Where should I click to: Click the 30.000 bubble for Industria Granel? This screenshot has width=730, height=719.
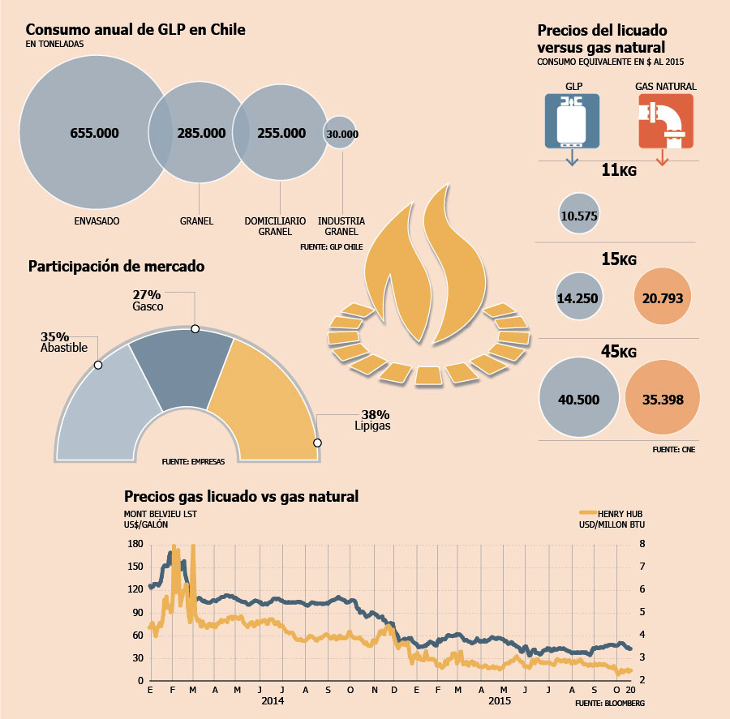341,133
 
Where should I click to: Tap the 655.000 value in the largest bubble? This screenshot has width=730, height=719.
95,133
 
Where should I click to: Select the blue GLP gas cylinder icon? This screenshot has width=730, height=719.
572,121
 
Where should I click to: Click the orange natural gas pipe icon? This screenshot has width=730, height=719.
666,121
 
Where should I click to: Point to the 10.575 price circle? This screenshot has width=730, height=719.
578,214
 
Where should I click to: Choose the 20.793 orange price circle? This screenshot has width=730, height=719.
663,296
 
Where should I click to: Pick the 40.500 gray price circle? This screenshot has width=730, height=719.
579,397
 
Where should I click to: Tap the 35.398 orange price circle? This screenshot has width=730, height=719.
663,397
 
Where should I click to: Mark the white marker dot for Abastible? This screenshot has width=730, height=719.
98,365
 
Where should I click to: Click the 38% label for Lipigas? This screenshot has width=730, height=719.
376,414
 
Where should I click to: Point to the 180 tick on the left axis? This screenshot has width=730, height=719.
135,544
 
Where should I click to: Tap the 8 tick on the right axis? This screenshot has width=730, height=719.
642,544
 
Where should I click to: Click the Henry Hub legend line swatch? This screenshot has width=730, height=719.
588,512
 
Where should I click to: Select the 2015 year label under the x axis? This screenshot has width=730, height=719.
500,701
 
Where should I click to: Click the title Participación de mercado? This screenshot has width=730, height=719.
116,266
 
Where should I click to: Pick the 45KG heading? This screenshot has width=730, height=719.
619,351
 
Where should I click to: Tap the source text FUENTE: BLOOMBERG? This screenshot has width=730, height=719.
610,703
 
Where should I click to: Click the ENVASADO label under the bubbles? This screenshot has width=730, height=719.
97,221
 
